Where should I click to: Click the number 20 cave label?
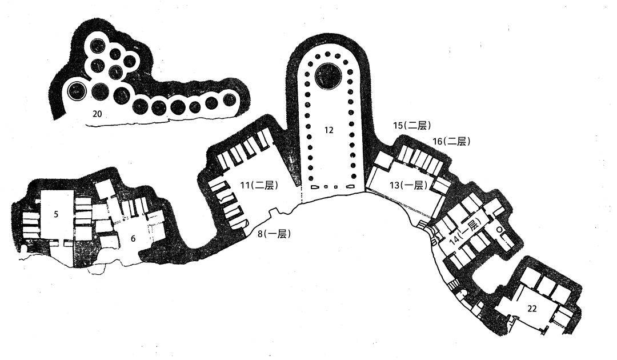(97, 114)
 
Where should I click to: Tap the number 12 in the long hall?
(329, 130)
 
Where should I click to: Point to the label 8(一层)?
(274, 234)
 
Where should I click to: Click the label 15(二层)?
(412, 126)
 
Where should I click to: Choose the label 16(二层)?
(451, 141)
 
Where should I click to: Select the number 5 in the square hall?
(56, 214)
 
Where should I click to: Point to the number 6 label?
(133, 238)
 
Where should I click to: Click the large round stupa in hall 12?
(328, 75)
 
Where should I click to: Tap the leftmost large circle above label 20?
(77, 91)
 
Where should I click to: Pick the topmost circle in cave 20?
(96, 47)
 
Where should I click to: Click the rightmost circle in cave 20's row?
(230, 99)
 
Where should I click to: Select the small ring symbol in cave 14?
(499, 229)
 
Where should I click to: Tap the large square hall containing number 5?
(58, 214)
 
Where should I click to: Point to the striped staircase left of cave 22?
(453, 284)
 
